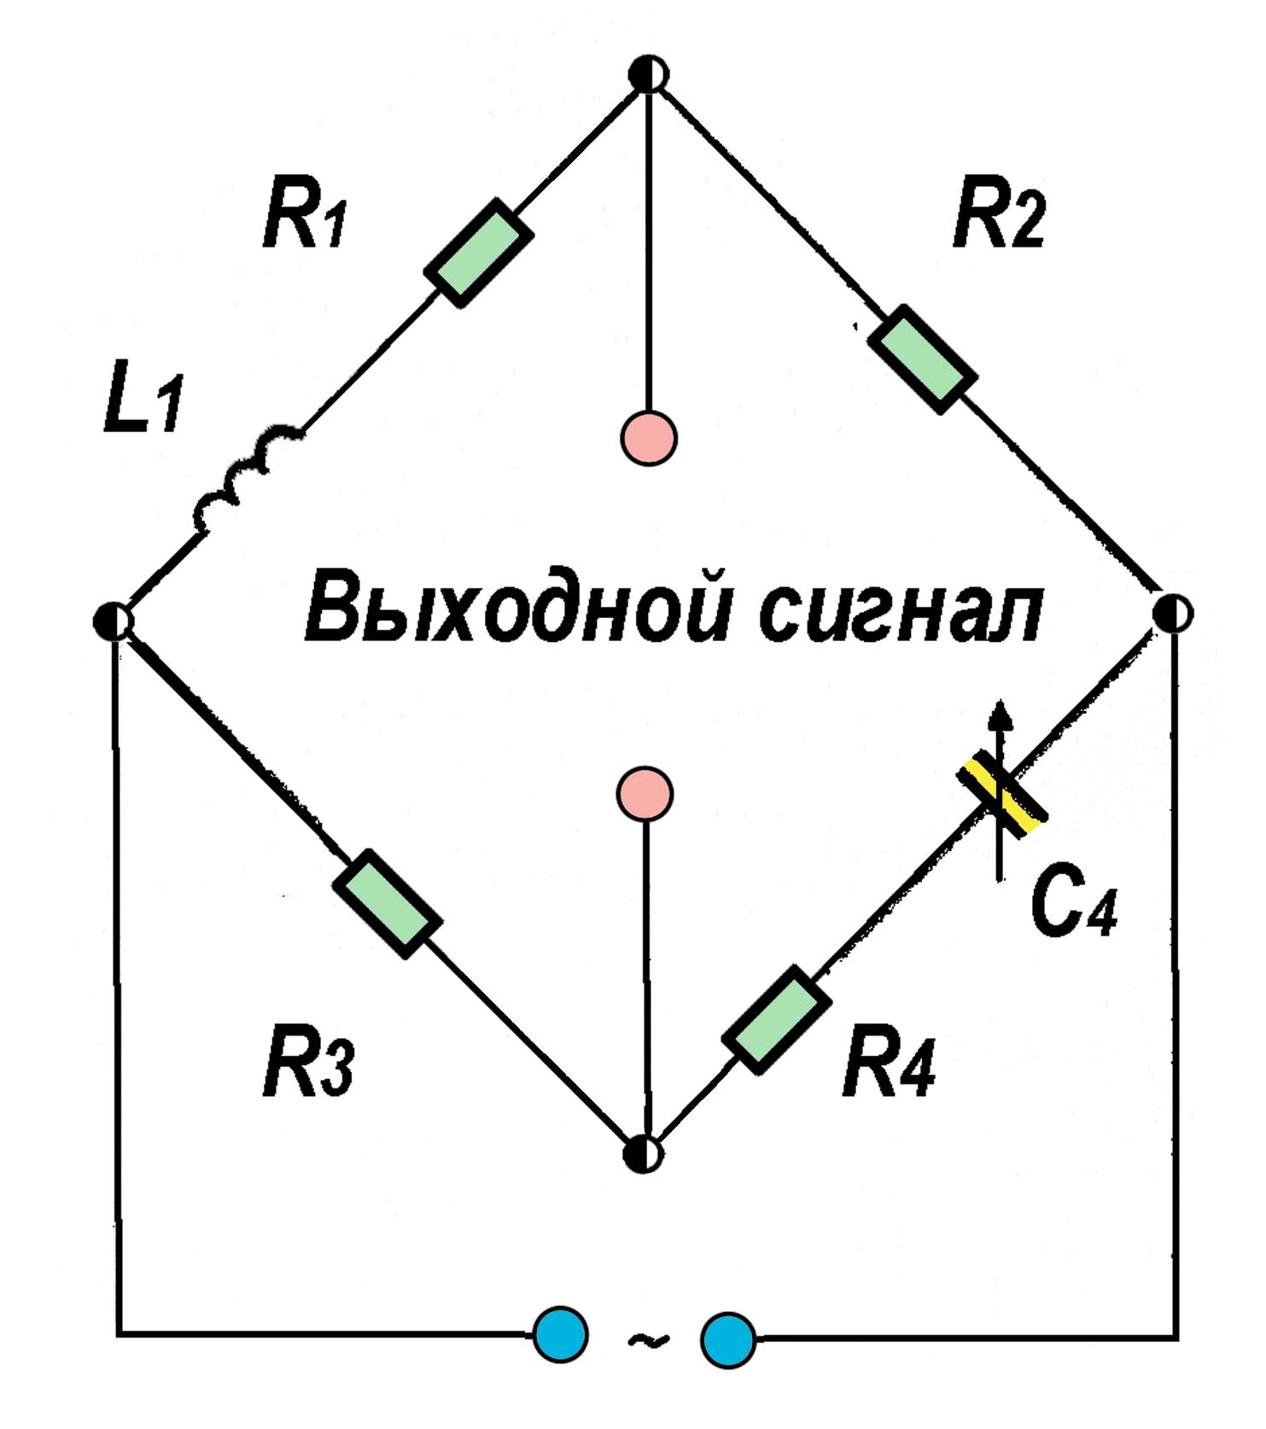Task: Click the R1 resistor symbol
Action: coord(479,253)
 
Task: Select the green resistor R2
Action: coord(922,359)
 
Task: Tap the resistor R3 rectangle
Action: coord(387,904)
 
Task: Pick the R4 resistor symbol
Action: coord(776,1020)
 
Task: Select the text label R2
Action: coord(999,217)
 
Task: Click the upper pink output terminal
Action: coord(649,438)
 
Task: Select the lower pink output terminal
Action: coord(645,794)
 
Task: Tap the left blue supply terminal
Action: coord(561,1336)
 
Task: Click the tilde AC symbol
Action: coord(647,1340)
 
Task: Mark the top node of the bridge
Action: coord(648,74)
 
